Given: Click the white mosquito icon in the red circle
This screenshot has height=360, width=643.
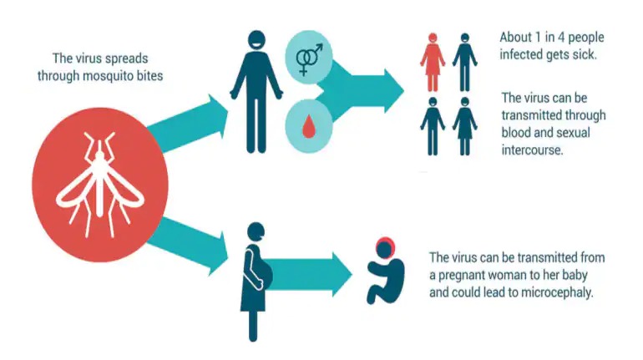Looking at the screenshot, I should point(95,184).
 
